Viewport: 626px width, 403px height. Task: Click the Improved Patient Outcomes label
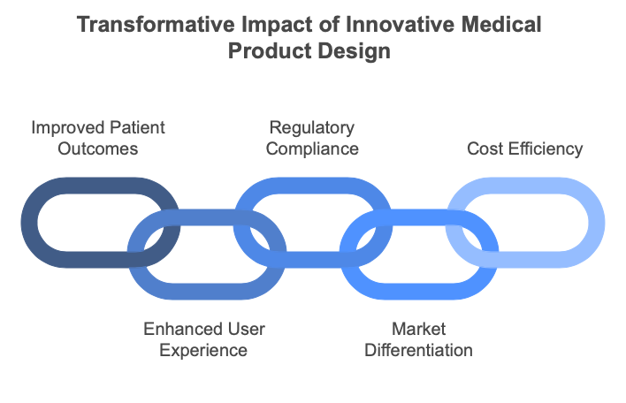98,139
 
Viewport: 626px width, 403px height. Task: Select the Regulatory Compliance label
312,139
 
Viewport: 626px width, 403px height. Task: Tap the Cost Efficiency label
524,149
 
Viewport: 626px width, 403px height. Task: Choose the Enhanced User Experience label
203,340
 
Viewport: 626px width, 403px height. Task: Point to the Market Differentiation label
418,340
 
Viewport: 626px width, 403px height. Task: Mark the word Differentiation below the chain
418,350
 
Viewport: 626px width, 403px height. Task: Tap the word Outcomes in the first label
98,148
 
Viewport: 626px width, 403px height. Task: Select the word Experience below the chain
203,351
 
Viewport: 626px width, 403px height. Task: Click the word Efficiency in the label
546,149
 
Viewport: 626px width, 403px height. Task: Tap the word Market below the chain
418,329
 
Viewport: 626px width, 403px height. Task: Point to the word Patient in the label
136,127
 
